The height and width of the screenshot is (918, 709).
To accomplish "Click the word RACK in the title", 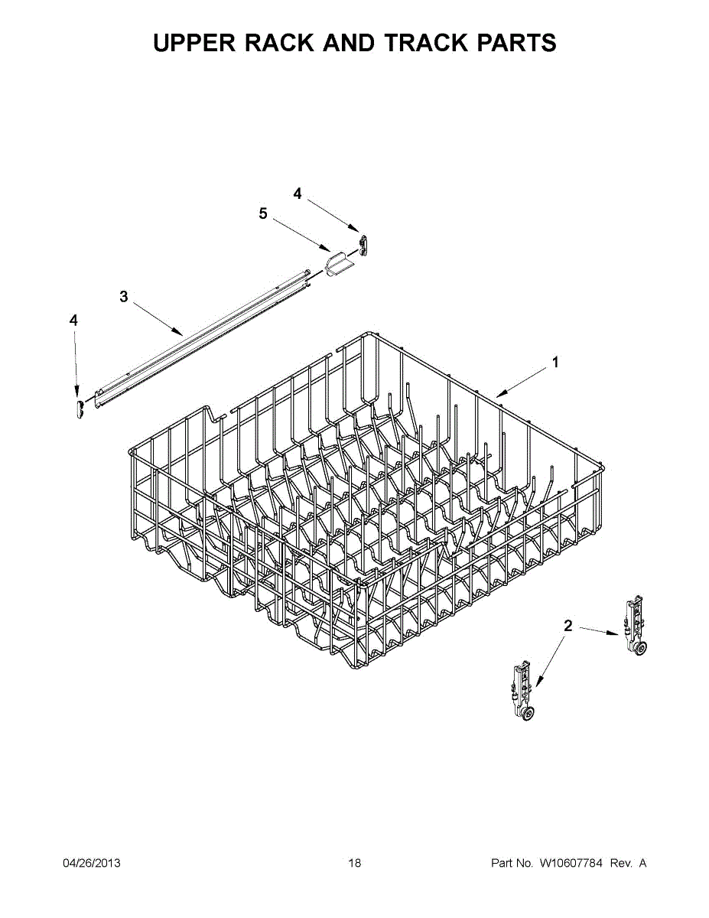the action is click(x=280, y=43).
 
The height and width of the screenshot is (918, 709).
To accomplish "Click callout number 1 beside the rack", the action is click(x=555, y=363).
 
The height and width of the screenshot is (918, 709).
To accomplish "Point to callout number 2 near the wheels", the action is click(x=568, y=626).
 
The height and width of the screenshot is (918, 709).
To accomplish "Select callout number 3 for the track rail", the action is click(x=124, y=297).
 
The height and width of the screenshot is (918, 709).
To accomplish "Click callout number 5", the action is click(x=263, y=214).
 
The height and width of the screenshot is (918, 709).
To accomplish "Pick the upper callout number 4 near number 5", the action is click(x=298, y=194).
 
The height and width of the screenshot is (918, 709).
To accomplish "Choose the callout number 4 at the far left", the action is click(x=73, y=321).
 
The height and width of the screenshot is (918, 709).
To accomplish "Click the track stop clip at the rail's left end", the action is click(x=78, y=407).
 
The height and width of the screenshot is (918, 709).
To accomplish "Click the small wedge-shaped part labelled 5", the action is click(x=337, y=265).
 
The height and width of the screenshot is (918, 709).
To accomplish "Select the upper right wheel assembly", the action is click(x=635, y=628).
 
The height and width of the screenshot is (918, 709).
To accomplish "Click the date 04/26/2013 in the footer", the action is click(x=91, y=863).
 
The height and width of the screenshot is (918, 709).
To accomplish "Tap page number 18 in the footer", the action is click(x=354, y=863).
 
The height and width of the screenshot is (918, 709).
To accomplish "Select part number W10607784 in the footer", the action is click(x=571, y=863).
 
